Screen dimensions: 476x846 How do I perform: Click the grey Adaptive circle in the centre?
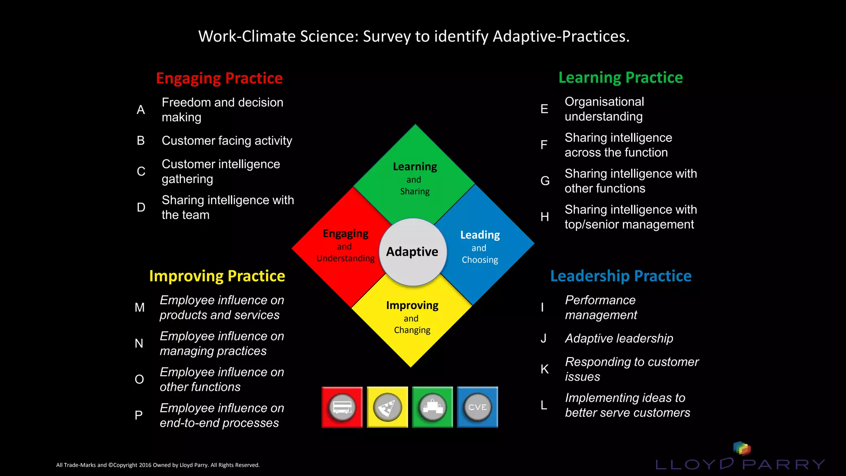tap(413, 252)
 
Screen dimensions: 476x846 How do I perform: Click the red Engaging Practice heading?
tap(219, 78)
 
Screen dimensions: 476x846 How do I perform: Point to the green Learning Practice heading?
tap(620, 77)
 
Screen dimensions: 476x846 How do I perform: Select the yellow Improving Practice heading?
tap(217, 276)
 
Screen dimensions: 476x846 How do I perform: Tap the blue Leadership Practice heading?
tap(620, 276)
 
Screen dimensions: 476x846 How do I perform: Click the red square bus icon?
tap(342, 407)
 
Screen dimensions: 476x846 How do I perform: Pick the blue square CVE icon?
tap(478, 407)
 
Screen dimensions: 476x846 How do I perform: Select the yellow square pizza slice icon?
tap(387, 407)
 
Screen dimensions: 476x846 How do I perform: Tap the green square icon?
tap(433, 407)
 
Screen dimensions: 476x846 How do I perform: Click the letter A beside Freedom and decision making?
tap(141, 109)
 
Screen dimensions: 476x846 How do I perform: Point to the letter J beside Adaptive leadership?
tap(544, 338)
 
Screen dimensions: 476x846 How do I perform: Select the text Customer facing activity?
tap(227, 140)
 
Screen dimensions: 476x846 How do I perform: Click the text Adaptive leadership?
tap(619, 338)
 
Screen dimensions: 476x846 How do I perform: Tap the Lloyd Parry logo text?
tap(740, 464)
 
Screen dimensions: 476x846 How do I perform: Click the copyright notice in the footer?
tap(158, 465)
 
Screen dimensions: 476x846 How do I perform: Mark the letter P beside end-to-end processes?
tap(139, 415)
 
